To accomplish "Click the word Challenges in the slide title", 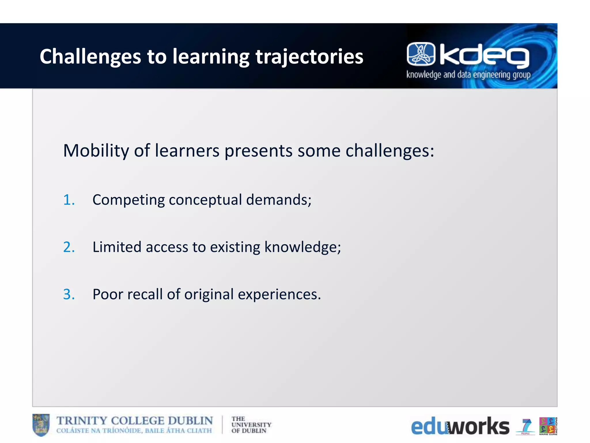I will [x=90, y=57].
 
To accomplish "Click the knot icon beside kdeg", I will [x=421, y=54].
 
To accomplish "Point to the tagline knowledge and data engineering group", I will [x=468, y=75].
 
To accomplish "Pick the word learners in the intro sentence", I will [x=187, y=151].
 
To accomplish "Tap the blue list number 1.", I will [x=69, y=200].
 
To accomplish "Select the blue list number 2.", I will [x=69, y=247].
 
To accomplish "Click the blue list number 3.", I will [x=69, y=294].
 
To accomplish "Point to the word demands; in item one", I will [x=279, y=200].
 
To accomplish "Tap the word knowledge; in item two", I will [x=302, y=247].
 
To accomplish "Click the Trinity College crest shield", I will [x=41, y=425].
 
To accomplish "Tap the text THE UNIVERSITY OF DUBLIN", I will [x=251, y=425].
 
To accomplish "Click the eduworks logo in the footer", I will [x=460, y=426].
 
